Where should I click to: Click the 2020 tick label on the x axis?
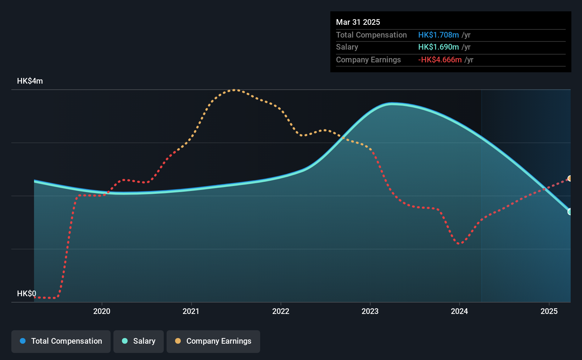(x=102, y=311)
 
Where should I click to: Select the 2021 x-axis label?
(x=191, y=311)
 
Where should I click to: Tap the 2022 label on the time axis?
(x=281, y=311)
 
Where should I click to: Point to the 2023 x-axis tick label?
(x=370, y=311)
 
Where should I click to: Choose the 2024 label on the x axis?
(x=459, y=311)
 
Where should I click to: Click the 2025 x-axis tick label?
(x=549, y=311)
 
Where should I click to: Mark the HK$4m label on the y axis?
(x=30, y=81)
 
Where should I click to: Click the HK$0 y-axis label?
(x=27, y=294)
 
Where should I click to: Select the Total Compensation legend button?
(x=61, y=341)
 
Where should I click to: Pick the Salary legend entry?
(x=139, y=341)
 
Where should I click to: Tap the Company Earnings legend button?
(x=213, y=341)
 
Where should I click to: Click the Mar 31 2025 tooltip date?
(x=358, y=22)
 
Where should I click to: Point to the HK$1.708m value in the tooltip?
(x=438, y=35)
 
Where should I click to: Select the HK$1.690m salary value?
(x=438, y=47)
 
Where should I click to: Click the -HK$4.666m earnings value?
(x=440, y=60)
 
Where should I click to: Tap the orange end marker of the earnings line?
(x=570, y=179)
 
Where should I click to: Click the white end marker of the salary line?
(x=570, y=212)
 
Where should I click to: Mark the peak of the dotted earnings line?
(x=235, y=90)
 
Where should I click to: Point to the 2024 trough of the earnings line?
(x=459, y=244)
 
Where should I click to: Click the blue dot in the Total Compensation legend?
(x=23, y=341)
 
